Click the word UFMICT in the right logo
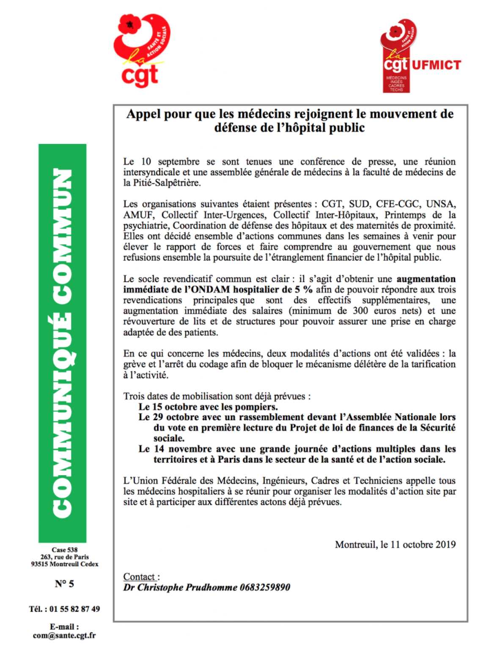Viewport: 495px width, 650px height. pyautogui.click(x=435, y=65)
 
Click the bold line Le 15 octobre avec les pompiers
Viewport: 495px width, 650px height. pyautogui.click(x=208, y=407)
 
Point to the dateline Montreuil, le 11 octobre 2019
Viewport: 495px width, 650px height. pyautogui.click(x=395, y=544)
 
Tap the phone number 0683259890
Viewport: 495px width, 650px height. pyautogui.click(x=265, y=587)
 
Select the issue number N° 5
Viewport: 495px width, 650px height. pyautogui.click(x=64, y=584)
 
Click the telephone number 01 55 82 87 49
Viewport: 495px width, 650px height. pyautogui.click(x=74, y=609)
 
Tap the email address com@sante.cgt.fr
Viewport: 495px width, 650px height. pyautogui.click(x=64, y=636)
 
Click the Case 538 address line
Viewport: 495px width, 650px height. pyautogui.click(x=64, y=550)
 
